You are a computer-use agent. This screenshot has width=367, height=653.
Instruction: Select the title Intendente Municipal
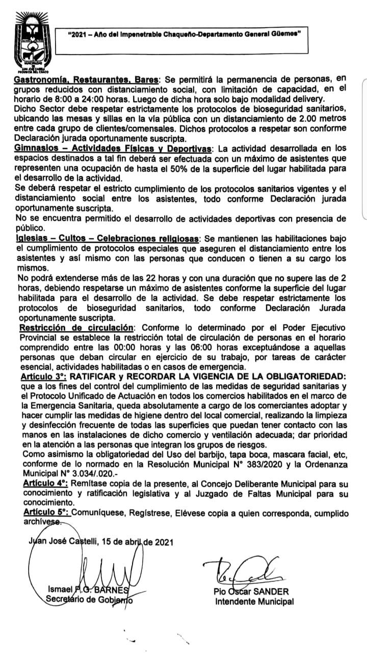tap(254, 602)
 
